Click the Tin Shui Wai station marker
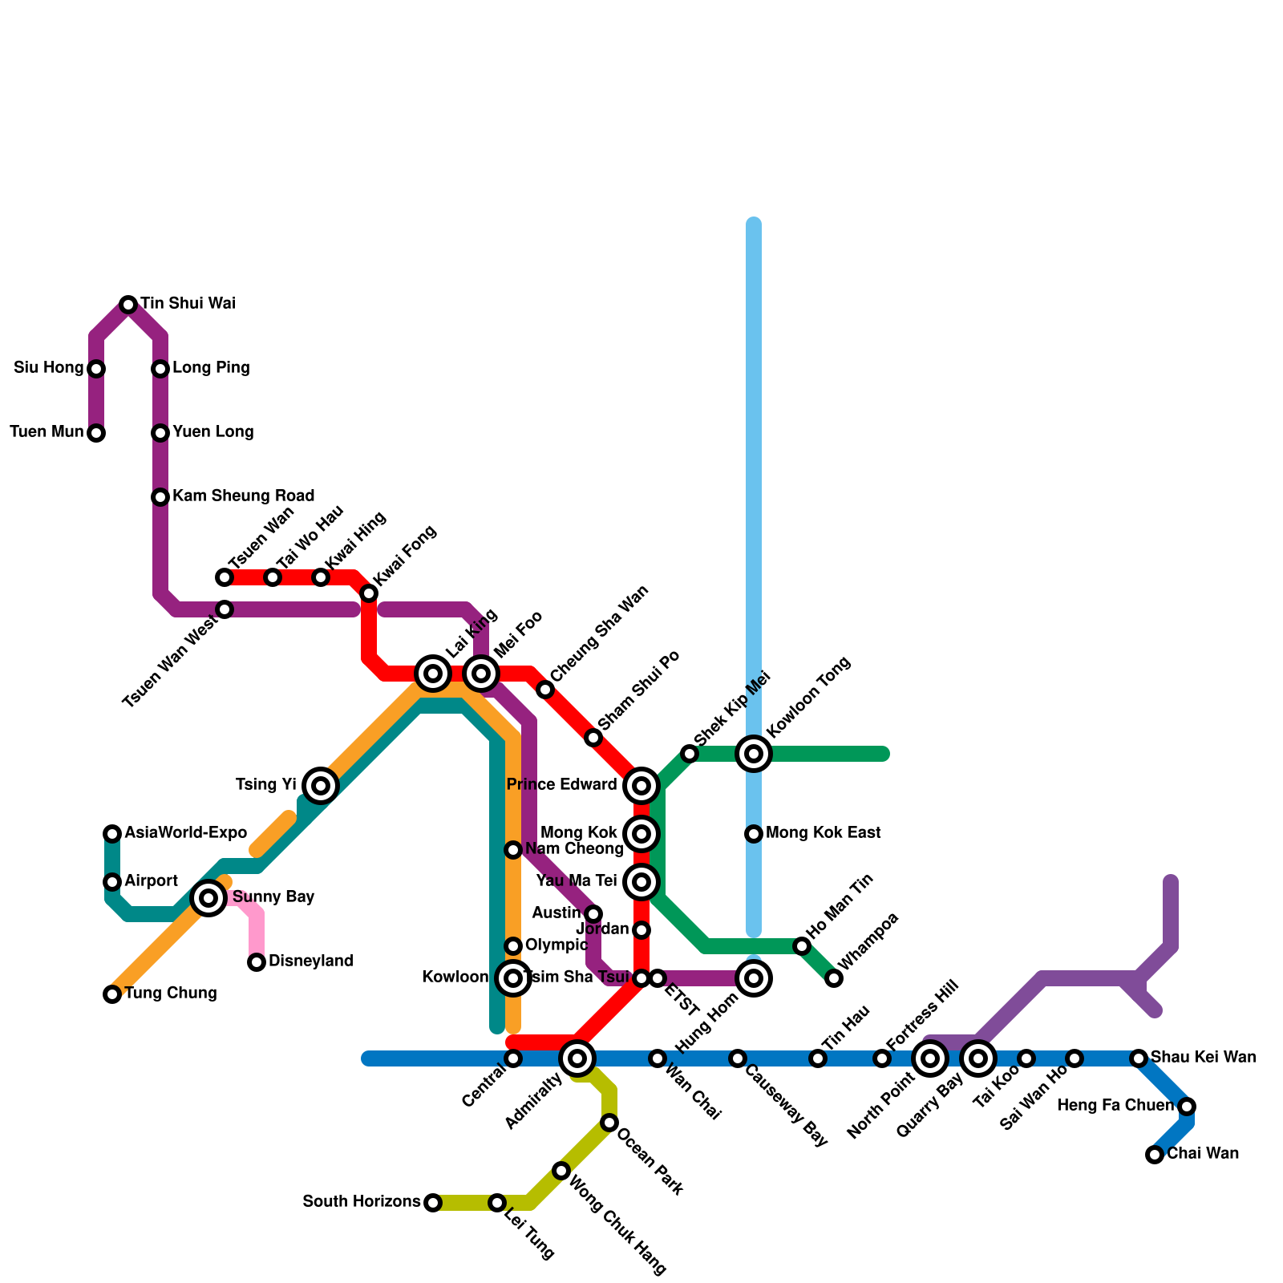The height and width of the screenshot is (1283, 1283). click(x=128, y=305)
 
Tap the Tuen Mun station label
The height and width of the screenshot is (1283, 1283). click(x=47, y=432)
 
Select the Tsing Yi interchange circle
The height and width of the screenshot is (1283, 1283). click(x=321, y=786)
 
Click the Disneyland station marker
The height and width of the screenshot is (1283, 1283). click(x=257, y=962)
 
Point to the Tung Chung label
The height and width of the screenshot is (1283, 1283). click(x=171, y=994)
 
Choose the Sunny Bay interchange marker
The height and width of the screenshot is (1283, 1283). click(x=208, y=898)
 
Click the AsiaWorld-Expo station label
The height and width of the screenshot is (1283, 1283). click(x=185, y=833)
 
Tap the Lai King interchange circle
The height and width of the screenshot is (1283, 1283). click(x=433, y=674)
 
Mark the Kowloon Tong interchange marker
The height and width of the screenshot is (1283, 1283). click(x=754, y=754)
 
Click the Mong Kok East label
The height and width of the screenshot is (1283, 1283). click(x=823, y=833)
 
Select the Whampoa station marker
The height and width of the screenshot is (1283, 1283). click(x=834, y=978)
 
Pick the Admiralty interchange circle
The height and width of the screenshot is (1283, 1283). click(x=577, y=1058)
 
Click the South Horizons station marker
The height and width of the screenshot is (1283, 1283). click(x=433, y=1203)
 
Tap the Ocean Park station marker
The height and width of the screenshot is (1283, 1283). click(x=609, y=1123)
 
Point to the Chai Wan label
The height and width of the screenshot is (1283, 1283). click(x=1203, y=1154)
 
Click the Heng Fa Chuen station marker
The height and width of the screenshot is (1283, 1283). click(x=1187, y=1107)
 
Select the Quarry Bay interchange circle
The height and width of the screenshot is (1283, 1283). click(x=978, y=1058)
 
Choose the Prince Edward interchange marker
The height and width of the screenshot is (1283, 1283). click(x=641, y=786)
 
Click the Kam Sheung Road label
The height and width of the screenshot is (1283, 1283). click(x=243, y=496)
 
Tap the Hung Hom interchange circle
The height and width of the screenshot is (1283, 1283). click(x=754, y=978)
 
